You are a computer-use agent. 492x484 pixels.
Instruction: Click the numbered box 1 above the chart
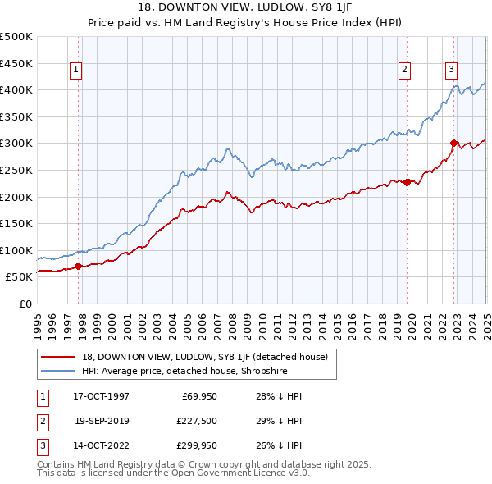[x=75, y=71]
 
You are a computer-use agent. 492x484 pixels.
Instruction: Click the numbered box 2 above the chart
[x=405, y=71]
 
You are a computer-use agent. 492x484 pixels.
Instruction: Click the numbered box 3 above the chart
[x=451, y=71]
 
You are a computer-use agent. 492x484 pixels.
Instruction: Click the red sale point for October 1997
[x=79, y=266]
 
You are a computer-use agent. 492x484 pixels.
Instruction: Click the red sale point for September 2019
[x=407, y=182]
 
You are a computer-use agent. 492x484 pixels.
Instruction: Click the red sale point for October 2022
[x=453, y=143]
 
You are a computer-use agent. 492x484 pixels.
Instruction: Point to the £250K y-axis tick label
[x=17, y=170]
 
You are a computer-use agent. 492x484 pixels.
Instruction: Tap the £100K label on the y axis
[x=17, y=250]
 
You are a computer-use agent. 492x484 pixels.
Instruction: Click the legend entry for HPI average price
[x=194, y=370]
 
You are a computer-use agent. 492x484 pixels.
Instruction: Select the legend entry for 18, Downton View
[x=205, y=357]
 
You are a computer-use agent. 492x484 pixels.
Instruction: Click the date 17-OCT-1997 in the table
[x=101, y=396]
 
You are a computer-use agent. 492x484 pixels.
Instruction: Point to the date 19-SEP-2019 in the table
[x=101, y=422]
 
